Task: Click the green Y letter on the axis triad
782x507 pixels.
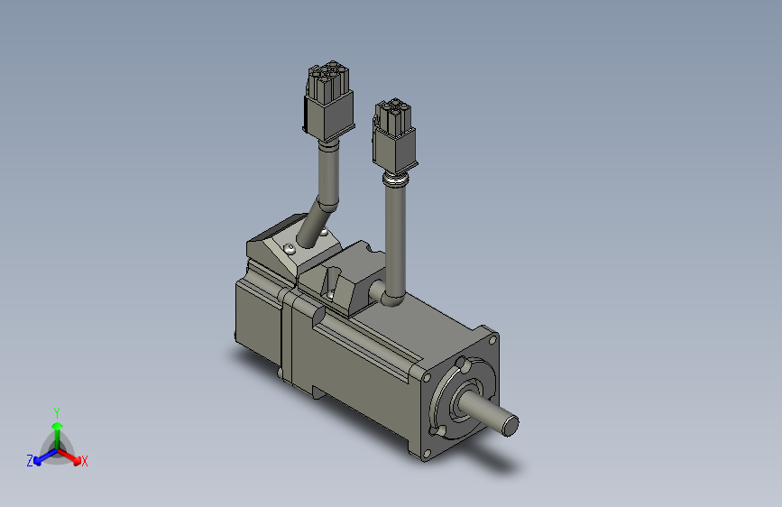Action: point(57,410)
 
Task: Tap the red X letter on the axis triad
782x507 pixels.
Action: point(85,462)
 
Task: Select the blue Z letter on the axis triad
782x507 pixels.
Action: point(29,461)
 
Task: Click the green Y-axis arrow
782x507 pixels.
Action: point(57,429)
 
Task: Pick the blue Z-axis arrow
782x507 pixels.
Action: point(41,456)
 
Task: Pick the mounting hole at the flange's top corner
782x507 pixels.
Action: point(463,365)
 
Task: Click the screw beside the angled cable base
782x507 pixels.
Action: point(289,248)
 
